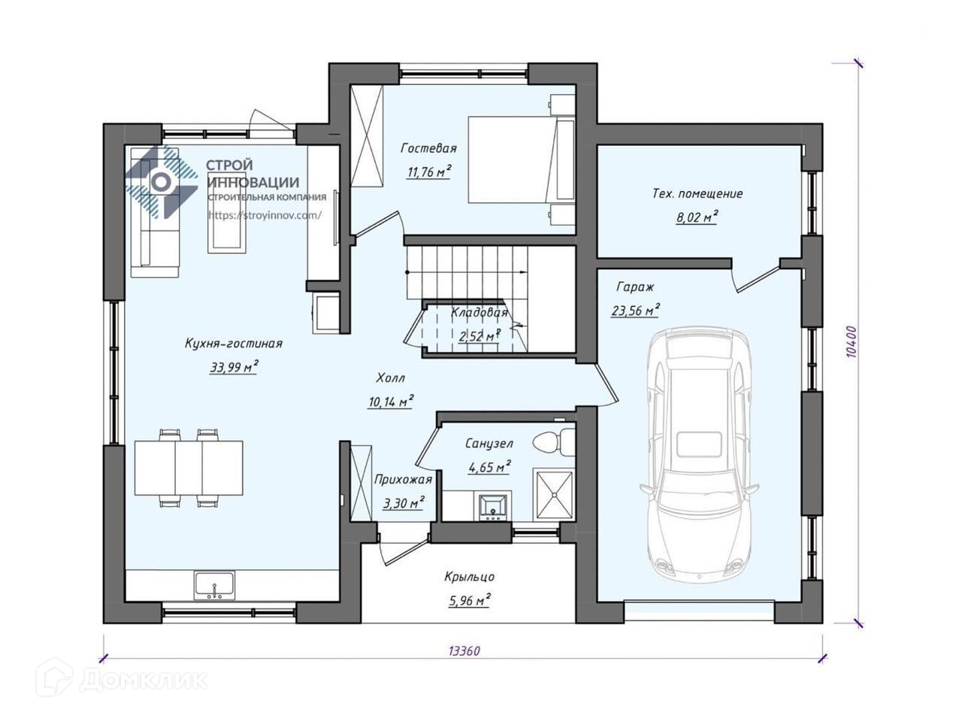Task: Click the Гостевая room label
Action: click(x=428, y=148)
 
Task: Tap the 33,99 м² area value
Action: click(x=234, y=367)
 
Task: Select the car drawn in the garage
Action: click(x=699, y=457)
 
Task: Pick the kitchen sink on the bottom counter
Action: click(x=214, y=586)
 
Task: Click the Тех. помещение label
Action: click(x=697, y=194)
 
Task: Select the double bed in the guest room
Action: click(x=522, y=159)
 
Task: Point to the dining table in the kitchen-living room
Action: click(x=189, y=468)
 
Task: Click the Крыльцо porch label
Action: click(x=470, y=576)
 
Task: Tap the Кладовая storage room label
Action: click(x=479, y=313)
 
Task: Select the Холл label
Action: click(x=391, y=378)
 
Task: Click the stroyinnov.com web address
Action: click(x=265, y=215)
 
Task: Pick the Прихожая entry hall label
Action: click(x=403, y=480)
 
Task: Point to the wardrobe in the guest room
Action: click(x=368, y=136)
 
